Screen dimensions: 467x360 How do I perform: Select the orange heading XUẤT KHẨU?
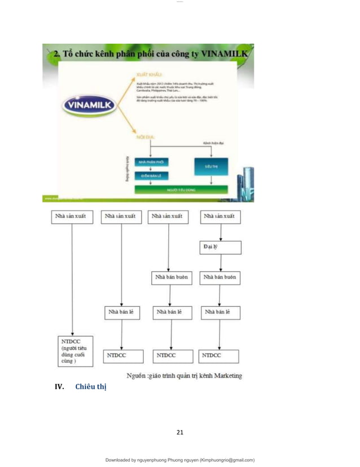(149, 74)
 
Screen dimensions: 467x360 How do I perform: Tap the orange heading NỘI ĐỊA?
(146, 136)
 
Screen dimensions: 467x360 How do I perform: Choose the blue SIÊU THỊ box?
(210, 167)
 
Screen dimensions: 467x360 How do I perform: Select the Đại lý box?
(220, 248)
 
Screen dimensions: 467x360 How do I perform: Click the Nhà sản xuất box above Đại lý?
(220, 216)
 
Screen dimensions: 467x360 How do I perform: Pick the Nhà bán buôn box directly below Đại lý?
(220, 279)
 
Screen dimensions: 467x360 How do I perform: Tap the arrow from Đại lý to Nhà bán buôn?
(220, 263)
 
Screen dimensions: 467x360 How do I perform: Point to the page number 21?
(180, 433)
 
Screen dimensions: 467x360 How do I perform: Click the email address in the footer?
(222, 460)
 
